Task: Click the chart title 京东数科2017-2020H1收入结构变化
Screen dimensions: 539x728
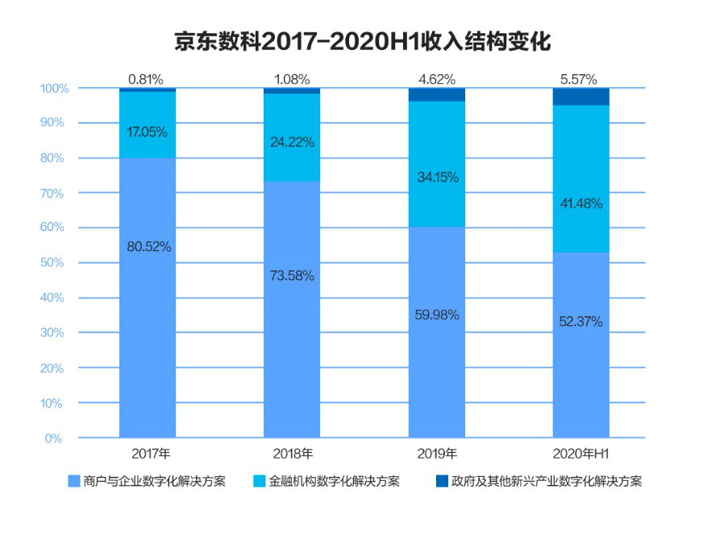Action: tap(363, 41)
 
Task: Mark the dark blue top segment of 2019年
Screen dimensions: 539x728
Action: tap(436, 94)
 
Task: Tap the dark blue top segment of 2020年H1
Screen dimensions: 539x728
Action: tap(580, 96)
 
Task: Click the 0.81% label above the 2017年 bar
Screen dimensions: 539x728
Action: tap(148, 79)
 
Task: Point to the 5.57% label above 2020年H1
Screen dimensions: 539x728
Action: tap(580, 79)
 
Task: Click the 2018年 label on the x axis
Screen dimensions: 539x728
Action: tap(292, 453)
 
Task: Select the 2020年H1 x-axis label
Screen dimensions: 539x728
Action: tap(580, 453)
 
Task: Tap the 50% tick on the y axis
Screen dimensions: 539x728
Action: tap(54, 263)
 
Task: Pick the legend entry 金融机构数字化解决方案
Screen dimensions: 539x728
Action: tap(327, 482)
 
